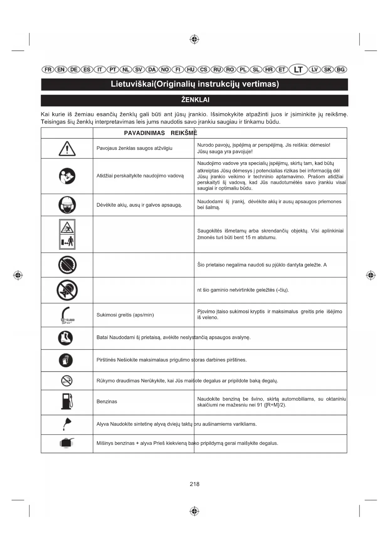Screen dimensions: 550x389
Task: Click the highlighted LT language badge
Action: [x=298, y=69]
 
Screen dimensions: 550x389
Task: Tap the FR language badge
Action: [x=48, y=70]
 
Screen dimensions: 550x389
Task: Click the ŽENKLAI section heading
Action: [x=195, y=100]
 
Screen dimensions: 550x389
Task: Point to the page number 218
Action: [x=194, y=484]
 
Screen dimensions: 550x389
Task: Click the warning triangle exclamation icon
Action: [x=67, y=149]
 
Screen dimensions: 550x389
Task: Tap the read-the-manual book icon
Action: [x=67, y=176]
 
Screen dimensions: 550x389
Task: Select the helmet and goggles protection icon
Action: [x=67, y=205]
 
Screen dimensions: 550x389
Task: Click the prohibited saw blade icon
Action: [x=67, y=265]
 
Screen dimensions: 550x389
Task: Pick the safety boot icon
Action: [x=66, y=338]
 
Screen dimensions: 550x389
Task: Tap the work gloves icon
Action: [x=66, y=360]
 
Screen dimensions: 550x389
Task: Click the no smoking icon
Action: [x=67, y=381]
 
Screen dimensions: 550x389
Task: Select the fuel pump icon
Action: [x=67, y=402]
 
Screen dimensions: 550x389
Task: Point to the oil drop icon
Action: [x=67, y=424]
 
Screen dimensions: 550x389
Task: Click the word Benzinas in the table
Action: [x=107, y=402]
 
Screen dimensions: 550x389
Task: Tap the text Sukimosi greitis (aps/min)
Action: [x=125, y=315]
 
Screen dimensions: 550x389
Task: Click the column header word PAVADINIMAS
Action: [x=144, y=133]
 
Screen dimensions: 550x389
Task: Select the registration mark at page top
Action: [x=194, y=39]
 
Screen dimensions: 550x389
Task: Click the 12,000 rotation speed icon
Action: [x=67, y=315]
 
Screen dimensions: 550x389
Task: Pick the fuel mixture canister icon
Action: [x=67, y=443]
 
